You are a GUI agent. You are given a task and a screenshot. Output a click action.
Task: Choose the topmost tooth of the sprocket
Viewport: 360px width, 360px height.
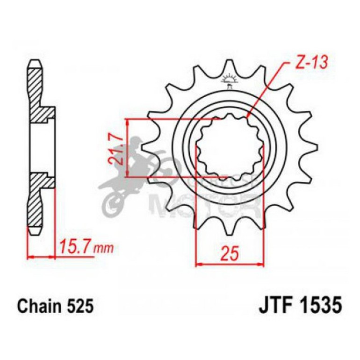(229, 65)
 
